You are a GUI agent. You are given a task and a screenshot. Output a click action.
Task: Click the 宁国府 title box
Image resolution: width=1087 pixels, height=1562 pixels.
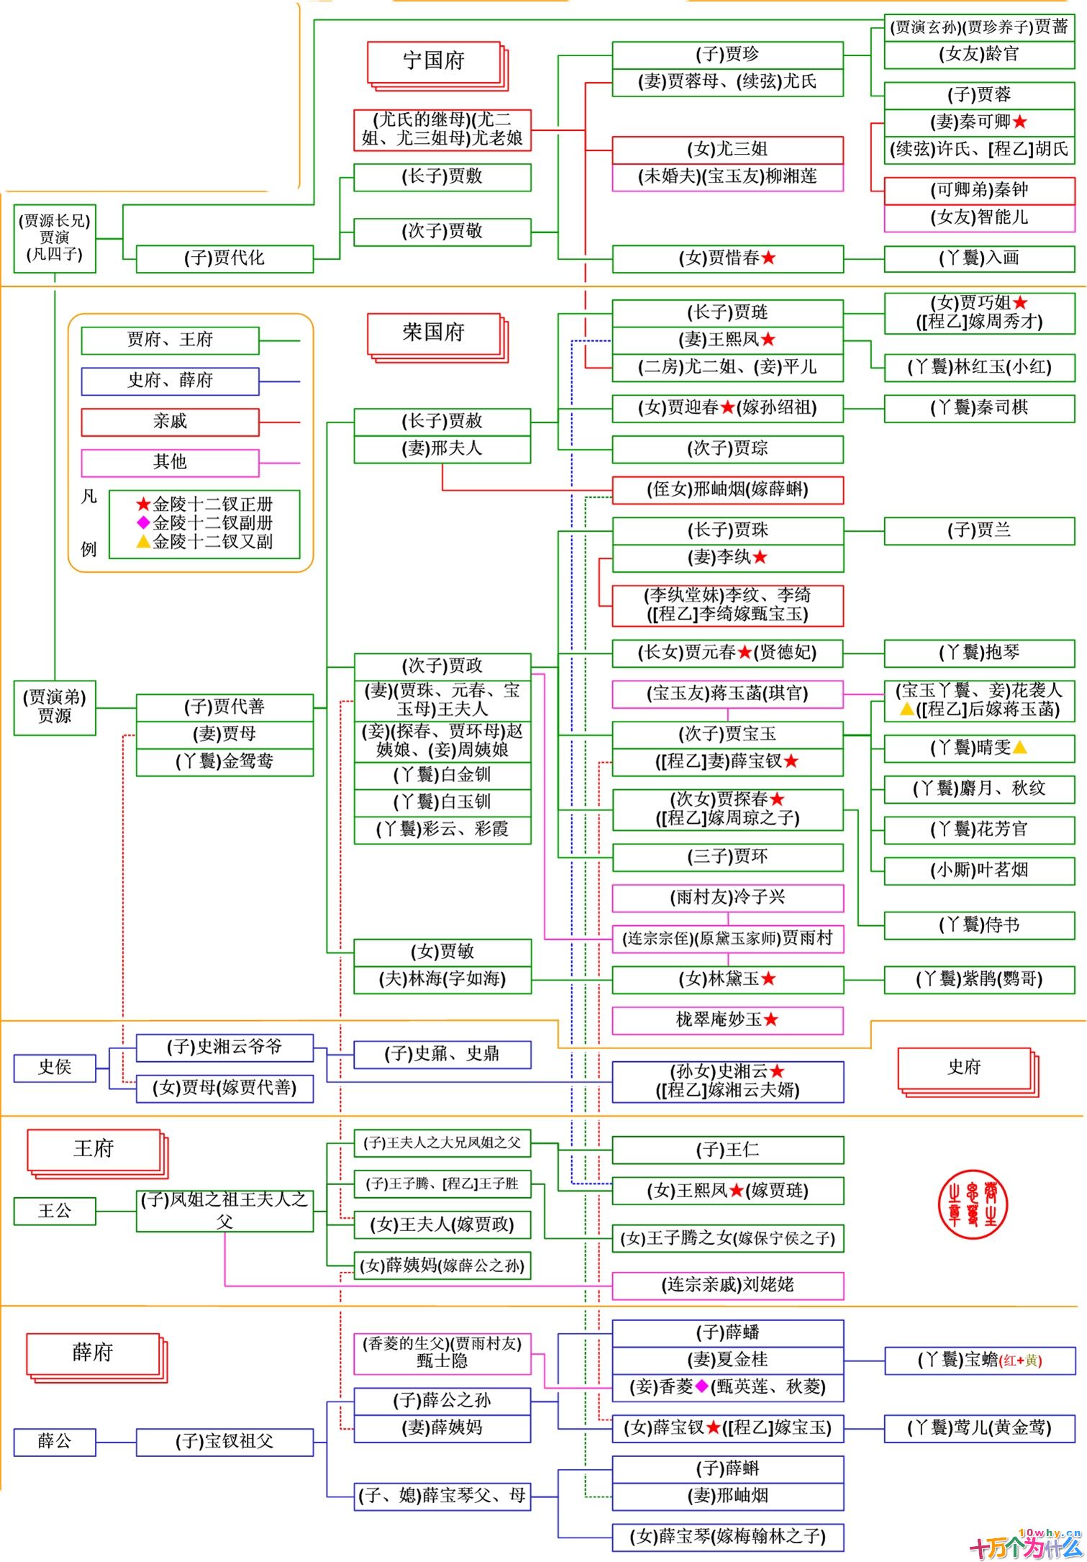[434, 62]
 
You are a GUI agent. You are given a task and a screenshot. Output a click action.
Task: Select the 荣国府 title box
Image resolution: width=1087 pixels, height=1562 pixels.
[434, 333]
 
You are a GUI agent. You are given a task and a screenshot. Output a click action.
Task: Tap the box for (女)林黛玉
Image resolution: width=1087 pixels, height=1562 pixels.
[727, 979]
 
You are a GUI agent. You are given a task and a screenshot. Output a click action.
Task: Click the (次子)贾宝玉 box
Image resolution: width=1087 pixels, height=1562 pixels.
[727, 735]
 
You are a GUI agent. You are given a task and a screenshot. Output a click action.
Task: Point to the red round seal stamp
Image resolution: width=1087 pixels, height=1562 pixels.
[973, 1204]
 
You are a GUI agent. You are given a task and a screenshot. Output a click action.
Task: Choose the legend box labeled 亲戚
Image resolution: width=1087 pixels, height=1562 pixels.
[170, 422]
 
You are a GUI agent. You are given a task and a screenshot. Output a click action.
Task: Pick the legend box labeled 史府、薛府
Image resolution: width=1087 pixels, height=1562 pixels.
[170, 381]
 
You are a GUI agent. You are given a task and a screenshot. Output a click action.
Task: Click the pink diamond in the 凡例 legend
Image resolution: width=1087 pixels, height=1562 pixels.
[143, 522]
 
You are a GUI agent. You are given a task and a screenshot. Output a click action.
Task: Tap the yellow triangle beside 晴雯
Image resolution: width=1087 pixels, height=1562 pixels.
[1019, 748]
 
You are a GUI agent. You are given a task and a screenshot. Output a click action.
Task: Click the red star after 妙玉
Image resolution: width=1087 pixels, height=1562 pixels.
[771, 1020]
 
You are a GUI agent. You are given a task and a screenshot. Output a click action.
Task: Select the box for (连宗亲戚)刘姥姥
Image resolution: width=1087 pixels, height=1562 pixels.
[727, 1285]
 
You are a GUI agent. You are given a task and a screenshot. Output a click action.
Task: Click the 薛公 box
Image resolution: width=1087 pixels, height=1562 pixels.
[55, 1442]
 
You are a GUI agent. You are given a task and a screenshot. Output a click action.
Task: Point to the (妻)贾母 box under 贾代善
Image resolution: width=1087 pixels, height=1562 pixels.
[224, 734]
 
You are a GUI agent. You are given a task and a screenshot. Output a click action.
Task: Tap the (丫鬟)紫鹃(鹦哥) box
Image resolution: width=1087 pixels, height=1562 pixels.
[979, 979]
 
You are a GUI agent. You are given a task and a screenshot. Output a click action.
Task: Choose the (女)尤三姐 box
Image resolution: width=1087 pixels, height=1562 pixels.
[727, 150]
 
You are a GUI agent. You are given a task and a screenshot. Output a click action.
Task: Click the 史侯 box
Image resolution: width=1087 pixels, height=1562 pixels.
[55, 1067]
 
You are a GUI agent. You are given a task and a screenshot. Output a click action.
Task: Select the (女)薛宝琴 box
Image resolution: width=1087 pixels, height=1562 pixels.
[727, 1537]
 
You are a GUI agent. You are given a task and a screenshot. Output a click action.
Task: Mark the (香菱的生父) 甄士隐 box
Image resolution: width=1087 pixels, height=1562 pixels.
[442, 1353]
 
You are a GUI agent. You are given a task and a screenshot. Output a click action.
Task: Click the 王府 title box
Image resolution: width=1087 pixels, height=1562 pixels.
[94, 1149]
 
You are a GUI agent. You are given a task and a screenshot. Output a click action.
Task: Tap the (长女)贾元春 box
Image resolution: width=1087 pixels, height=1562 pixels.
[727, 653]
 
